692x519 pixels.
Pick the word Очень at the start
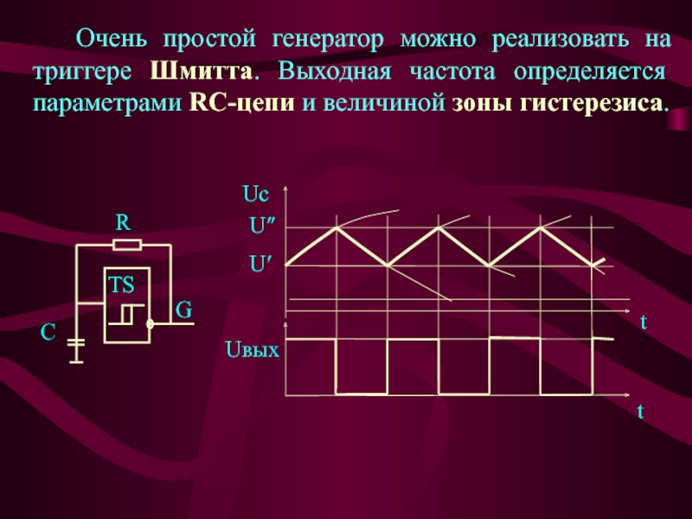coord(111,39)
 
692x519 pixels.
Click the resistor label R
coord(124,222)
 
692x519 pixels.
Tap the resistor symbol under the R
coord(127,245)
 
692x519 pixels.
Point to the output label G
coord(183,309)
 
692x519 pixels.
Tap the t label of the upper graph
coord(644,322)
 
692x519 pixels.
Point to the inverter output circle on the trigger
coord(150,325)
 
